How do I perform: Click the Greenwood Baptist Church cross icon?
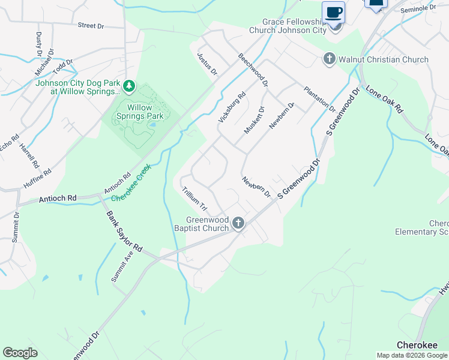(238, 223)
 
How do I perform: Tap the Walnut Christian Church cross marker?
(329, 59)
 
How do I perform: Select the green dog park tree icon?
(129, 88)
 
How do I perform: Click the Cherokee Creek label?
(131, 182)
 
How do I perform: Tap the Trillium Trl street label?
(194, 199)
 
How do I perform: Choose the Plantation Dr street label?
(319, 99)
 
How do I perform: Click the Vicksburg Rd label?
(232, 107)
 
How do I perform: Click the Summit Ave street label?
(122, 267)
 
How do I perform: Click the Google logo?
(20, 353)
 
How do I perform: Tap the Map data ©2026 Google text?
(412, 355)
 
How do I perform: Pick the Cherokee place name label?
(415, 345)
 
